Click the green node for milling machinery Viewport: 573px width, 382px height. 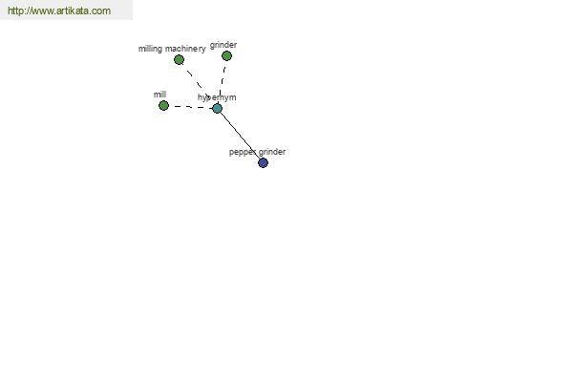point(179,59)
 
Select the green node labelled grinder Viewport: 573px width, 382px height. point(226,56)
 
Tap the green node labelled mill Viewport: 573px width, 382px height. point(163,106)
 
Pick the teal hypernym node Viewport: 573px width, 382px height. point(217,108)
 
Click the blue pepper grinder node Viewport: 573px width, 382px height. point(264,162)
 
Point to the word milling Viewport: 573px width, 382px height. point(150,49)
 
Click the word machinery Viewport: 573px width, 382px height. point(185,49)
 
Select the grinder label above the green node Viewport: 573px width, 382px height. point(223,45)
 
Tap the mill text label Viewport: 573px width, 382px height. point(159,95)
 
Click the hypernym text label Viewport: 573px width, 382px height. point(217,97)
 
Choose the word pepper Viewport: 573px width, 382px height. point(243,152)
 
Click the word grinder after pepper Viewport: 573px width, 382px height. point(272,152)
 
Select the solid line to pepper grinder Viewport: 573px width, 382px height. point(240,136)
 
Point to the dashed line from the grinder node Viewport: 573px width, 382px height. point(222,82)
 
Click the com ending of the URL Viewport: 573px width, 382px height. point(101,11)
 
